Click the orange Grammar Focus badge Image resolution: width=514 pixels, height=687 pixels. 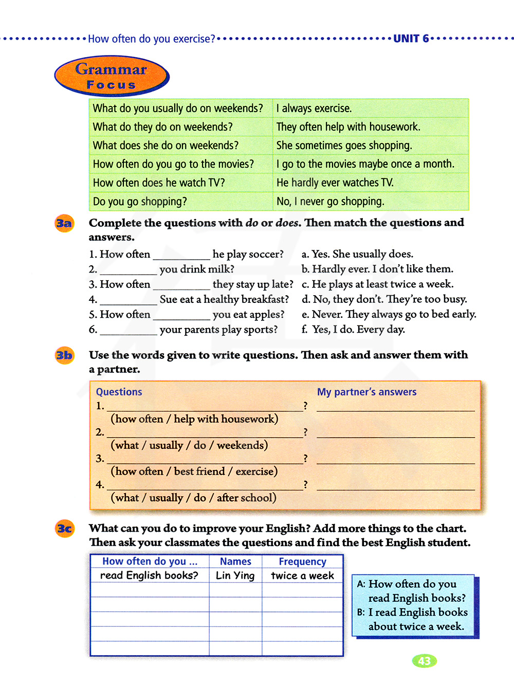point(112,76)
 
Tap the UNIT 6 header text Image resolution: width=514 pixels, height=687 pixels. point(411,39)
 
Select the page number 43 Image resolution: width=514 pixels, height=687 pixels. point(424,661)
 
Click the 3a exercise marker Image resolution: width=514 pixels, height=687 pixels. point(64,223)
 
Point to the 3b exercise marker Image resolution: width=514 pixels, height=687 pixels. point(64,355)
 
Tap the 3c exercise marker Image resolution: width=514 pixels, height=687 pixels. point(64,529)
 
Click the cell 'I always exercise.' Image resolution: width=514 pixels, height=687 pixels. point(314,109)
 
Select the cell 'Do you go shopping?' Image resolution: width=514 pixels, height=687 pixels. point(140,202)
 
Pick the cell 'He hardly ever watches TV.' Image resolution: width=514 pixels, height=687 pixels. point(335,183)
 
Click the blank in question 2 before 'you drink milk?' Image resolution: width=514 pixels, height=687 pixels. point(128,270)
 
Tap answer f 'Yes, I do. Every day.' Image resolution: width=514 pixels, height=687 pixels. point(354,329)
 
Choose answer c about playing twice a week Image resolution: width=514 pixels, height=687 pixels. point(378,284)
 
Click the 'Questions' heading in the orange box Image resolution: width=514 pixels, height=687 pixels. point(119,392)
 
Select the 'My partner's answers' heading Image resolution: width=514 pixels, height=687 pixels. point(366,392)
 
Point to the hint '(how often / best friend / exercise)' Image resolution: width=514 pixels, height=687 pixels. point(194,471)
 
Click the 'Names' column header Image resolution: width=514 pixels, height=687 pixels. point(235,562)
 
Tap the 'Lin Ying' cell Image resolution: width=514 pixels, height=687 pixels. point(235,575)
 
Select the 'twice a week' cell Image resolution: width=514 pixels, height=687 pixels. point(302,575)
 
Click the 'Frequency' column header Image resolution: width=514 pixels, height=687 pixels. point(302,562)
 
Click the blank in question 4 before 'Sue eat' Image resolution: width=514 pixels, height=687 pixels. point(128,300)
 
